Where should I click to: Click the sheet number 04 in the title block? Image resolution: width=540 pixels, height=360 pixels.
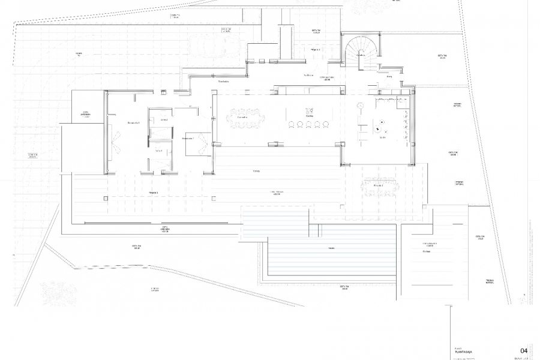click(x=523, y=350)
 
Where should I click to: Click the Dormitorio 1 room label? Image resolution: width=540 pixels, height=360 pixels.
click(x=133, y=123)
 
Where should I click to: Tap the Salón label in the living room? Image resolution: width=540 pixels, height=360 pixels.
click(x=382, y=138)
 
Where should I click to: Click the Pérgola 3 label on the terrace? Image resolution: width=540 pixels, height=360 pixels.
click(x=157, y=193)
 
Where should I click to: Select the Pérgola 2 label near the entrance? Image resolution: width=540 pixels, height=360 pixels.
click(x=316, y=49)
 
